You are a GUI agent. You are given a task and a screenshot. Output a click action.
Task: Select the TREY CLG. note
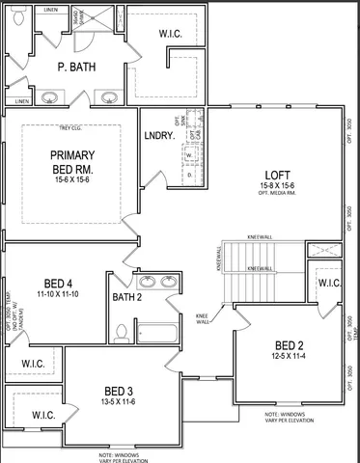coord(69,127)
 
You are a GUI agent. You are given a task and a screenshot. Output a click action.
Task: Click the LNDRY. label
coord(158,137)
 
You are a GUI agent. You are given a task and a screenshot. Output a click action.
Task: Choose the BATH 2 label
coord(126,298)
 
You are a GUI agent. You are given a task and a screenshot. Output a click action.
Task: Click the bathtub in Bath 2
coord(156,334)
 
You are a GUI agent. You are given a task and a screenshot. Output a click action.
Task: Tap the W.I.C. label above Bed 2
coord(328,284)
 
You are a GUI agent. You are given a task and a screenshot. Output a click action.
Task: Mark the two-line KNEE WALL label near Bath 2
coord(203,318)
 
